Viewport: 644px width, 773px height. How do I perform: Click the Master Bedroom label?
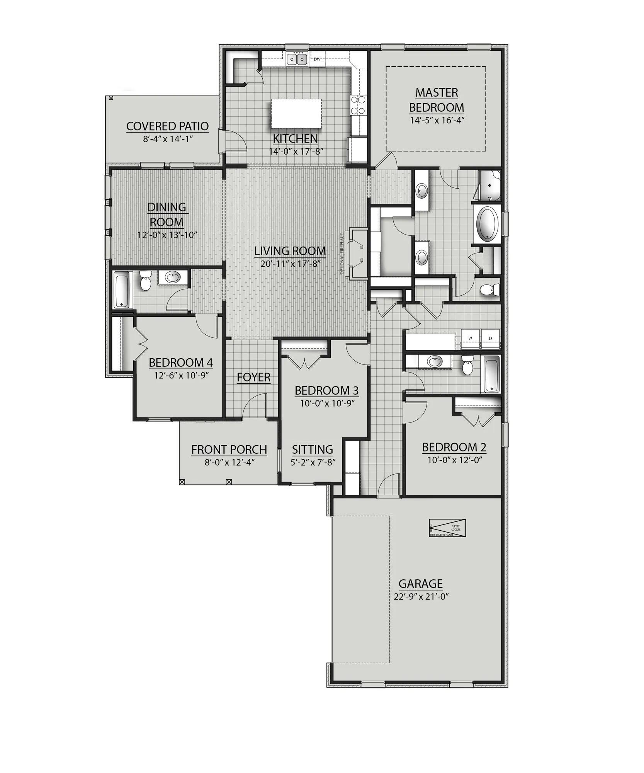(x=436, y=100)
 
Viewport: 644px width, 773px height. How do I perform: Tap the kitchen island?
(x=296, y=113)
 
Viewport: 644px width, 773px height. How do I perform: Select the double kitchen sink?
(x=297, y=59)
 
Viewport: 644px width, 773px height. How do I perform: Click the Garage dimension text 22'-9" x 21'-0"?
(x=421, y=596)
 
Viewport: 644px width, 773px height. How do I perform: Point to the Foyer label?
(x=253, y=377)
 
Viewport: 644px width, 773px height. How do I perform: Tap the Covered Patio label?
(x=167, y=126)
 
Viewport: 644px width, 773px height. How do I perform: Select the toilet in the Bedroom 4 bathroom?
(x=146, y=281)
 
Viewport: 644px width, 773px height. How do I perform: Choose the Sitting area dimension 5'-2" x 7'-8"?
(x=313, y=462)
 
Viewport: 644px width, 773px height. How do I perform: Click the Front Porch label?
(x=229, y=449)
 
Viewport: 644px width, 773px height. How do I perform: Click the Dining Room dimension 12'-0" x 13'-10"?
(x=167, y=235)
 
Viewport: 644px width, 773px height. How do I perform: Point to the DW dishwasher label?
(x=317, y=59)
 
